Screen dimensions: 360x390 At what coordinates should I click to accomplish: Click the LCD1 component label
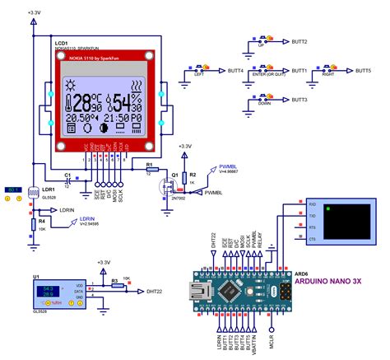(x=61, y=41)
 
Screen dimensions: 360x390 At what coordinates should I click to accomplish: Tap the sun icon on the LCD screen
(x=72, y=84)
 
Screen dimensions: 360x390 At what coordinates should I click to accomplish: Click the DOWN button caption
(x=262, y=105)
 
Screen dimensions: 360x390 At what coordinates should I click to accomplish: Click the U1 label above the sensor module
(x=36, y=276)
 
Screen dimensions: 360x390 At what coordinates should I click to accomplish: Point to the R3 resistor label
(x=114, y=281)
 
